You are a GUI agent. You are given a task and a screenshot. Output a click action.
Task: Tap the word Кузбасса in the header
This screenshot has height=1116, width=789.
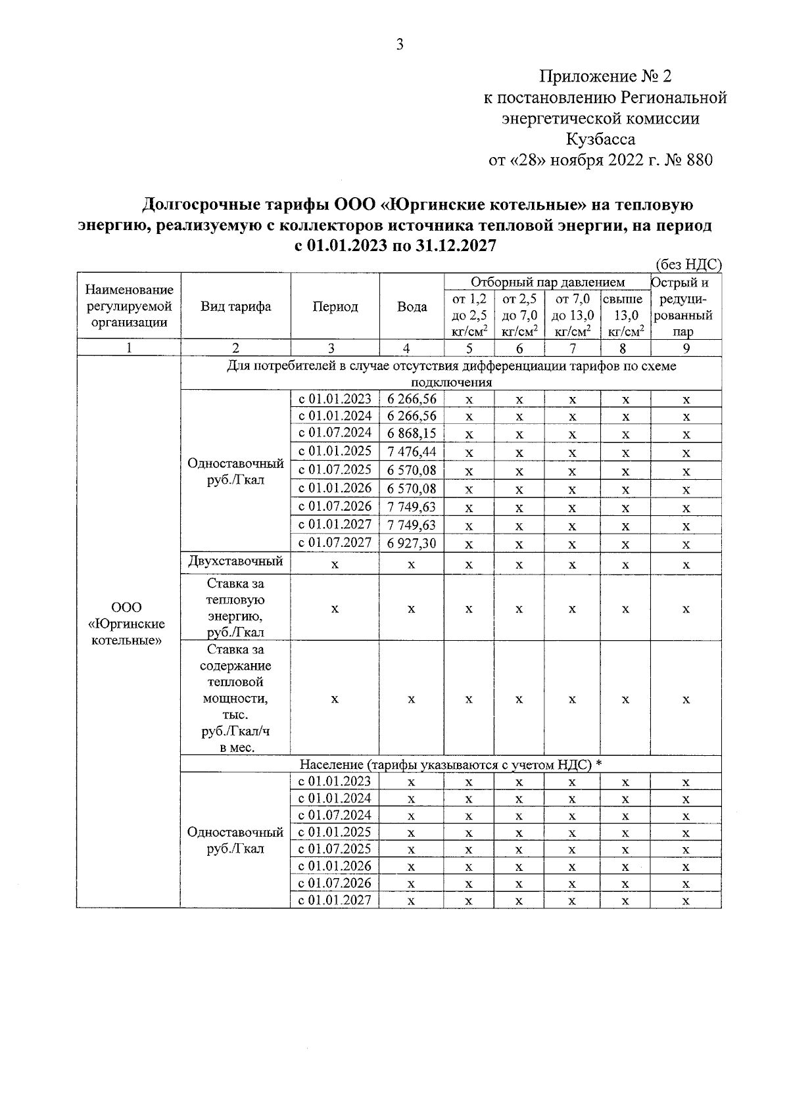pos(600,139)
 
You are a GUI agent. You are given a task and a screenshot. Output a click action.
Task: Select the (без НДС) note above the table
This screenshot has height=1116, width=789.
pos(688,265)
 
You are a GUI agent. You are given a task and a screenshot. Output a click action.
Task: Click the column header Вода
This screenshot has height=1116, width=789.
pos(412,307)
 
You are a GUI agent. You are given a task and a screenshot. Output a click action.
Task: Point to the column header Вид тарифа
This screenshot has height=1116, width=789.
pos(235,307)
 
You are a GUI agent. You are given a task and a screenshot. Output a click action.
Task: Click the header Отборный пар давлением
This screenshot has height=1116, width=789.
pos(547,282)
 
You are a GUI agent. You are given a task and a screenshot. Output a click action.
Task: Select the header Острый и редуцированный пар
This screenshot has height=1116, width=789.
pos(686,307)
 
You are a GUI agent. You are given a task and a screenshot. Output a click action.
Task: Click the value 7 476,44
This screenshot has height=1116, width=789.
pos(412,452)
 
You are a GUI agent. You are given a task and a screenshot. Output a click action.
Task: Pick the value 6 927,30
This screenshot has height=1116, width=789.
pos(412,544)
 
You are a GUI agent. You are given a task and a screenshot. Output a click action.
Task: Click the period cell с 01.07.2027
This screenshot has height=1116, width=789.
pos(335,543)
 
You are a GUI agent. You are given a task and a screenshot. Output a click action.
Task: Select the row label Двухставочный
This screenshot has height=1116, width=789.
pos(235,561)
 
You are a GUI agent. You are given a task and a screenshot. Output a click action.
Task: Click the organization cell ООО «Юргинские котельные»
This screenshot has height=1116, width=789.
pos(128,624)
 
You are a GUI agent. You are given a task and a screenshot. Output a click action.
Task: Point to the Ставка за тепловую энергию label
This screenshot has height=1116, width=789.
pos(235,607)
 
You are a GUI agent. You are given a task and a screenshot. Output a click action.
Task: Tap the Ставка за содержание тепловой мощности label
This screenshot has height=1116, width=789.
pos(235,698)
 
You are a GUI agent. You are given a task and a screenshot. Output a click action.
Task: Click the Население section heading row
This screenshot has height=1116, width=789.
pos(451,764)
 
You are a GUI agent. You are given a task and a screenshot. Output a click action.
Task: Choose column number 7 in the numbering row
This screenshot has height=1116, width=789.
pos(572,348)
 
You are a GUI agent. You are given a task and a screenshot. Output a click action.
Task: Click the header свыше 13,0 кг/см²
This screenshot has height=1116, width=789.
pos(625,315)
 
